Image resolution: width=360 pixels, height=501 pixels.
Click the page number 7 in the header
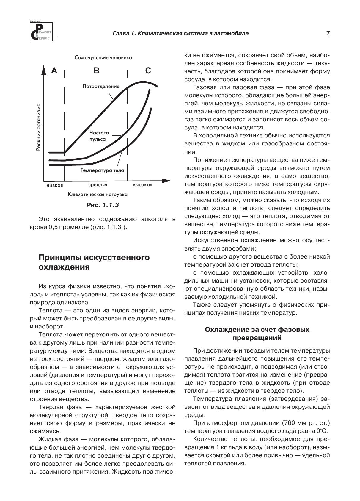(328, 33)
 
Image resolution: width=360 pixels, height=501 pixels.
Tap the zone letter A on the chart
(54, 71)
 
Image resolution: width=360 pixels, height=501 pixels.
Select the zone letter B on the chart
(97, 71)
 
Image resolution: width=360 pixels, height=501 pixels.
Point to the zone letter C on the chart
(148, 71)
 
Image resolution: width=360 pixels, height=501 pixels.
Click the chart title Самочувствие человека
(103, 57)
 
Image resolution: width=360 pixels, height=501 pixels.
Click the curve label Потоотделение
(101, 87)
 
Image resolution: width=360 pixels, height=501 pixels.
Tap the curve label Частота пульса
(99, 136)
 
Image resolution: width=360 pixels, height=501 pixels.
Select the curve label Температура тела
(102, 170)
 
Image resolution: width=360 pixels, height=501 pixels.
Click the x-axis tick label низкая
(55, 185)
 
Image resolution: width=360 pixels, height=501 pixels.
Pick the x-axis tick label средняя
(98, 185)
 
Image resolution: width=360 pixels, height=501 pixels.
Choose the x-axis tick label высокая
(142, 185)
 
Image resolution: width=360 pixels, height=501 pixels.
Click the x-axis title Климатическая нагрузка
(98, 195)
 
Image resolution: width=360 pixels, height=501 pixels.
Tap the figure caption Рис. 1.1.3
(102, 205)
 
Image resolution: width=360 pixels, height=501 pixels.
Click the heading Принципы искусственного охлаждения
(94, 262)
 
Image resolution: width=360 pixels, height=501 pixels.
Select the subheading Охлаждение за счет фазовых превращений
(257, 334)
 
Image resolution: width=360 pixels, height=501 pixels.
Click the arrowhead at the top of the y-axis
(43, 71)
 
